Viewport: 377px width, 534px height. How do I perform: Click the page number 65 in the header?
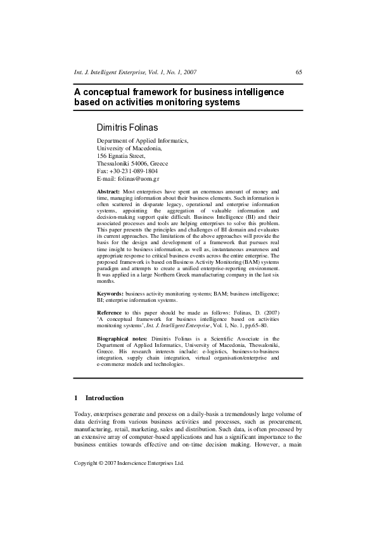click(298, 72)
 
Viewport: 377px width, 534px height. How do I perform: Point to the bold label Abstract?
click(109, 191)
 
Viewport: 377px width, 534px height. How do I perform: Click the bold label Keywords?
click(110, 294)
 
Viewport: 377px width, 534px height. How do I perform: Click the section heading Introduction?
click(105, 398)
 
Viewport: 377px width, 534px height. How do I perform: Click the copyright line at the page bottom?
click(129, 464)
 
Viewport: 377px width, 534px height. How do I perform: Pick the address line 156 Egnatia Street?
click(121, 155)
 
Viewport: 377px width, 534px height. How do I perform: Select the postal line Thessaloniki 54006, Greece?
click(132, 163)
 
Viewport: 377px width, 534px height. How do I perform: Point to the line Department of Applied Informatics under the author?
click(143, 140)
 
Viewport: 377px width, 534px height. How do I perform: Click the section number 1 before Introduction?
click(76, 398)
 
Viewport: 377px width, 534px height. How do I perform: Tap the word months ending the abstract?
click(106, 281)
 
